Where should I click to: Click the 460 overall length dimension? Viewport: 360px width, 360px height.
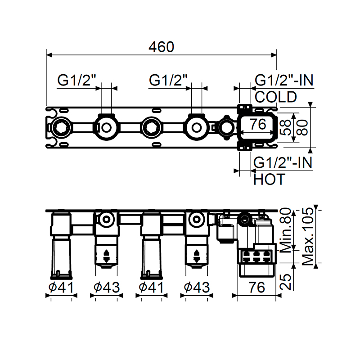click(x=161, y=46)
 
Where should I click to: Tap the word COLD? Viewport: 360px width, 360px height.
click(x=276, y=97)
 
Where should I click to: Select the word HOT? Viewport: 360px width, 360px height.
click(x=269, y=180)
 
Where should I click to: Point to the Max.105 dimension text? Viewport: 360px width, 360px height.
click(x=308, y=236)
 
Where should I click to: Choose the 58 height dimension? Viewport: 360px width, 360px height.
click(x=284, y=127)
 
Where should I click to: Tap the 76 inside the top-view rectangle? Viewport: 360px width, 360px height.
click(x=258, y=126)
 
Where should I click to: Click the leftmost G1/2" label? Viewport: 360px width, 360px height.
click(x=77, y=81)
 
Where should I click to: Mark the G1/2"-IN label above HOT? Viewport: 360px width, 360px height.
click(x=283, y=162)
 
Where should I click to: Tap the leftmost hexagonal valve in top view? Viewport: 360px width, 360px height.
click(x=60, y=127)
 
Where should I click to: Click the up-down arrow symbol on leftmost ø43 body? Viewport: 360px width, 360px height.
click(x=107, y=256)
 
